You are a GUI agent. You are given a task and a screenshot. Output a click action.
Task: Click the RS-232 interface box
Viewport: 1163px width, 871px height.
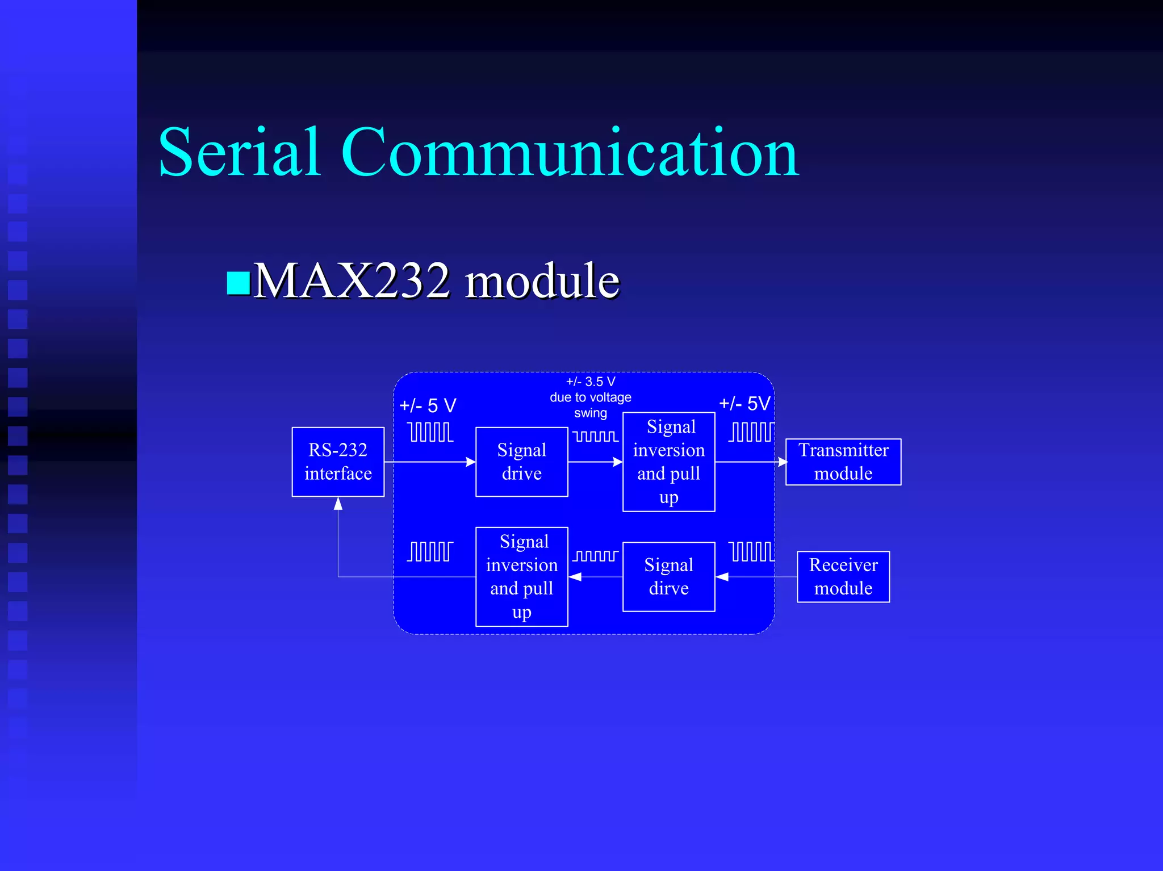coord(338,462)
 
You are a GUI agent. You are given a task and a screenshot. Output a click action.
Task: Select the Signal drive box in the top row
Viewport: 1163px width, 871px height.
coord(521,462)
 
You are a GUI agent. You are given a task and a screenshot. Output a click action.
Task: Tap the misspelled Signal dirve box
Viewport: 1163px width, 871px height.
coord(668,576)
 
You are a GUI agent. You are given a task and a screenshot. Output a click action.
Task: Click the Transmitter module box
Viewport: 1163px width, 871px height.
coord(843,462)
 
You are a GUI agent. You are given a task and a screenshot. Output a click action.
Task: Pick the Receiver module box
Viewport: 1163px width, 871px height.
coord(843,576)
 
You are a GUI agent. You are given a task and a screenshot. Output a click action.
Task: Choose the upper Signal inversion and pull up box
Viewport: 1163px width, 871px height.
coord(668,462)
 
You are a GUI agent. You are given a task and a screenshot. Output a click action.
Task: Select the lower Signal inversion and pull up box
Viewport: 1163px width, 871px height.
coord(521,576)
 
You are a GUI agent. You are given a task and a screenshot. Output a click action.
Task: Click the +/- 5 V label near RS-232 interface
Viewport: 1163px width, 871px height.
coord(428,405)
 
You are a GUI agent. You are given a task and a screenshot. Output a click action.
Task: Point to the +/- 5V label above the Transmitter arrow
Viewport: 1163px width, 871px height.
coord(744,404)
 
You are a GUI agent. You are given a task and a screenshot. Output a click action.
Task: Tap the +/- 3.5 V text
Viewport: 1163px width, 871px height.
coord(591,382)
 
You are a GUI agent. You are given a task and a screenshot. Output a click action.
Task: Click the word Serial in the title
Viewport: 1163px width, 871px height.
coord(239,152)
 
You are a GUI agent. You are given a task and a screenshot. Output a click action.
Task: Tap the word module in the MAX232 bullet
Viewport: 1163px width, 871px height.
coord(542,280)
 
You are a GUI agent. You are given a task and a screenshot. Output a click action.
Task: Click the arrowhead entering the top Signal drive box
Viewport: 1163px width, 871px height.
coord(471,462)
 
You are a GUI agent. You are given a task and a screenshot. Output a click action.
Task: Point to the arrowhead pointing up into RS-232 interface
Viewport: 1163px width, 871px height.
coord(338,503)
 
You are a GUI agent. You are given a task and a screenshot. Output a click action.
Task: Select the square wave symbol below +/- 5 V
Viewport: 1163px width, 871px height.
coord(430,432)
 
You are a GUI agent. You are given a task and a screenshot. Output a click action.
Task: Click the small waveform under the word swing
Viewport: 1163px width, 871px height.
coord(595,436)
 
